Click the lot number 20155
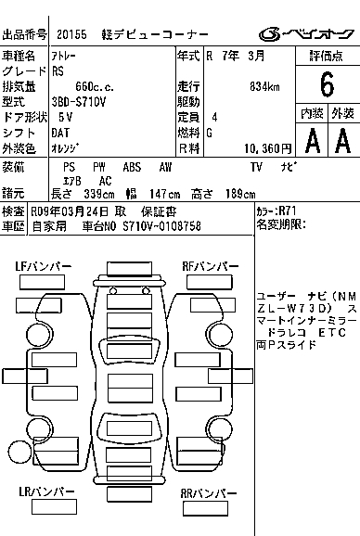coord(71,34)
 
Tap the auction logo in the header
coord(306,33)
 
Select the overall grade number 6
coord(327,84)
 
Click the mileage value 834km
coord(264,87)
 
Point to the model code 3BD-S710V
coord(79,102)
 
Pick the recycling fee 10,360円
coord(268,148)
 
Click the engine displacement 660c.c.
coord(95,87)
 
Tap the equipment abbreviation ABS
coord(132,167)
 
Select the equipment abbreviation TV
coord(256,167)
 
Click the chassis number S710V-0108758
coord(161,226)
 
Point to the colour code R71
coord(288,211)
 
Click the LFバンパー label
coord(43,266)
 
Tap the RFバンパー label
coord(211,266)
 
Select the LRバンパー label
coord(46,491)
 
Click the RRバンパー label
coord(209,493)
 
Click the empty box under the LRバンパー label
coord(54,506)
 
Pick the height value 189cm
coord(240,194)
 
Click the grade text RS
coord(58,71)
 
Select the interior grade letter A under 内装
coord(313,141)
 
